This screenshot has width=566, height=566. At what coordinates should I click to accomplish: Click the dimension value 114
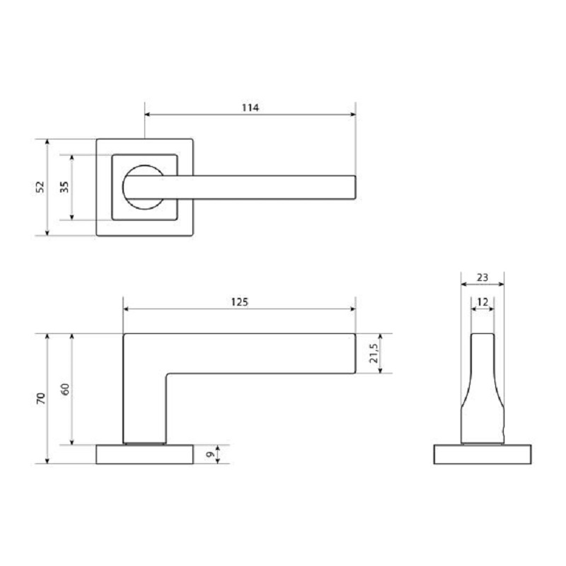250,108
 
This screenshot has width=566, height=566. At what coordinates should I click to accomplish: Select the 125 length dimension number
240,302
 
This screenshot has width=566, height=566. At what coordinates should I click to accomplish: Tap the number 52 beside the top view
40,187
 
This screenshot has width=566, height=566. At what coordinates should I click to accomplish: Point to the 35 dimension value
64,187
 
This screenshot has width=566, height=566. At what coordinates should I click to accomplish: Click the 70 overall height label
41,398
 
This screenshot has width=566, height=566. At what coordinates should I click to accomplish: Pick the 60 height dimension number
65,389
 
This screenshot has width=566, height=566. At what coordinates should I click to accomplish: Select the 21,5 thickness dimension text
374,353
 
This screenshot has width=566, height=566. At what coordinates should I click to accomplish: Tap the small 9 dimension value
210,454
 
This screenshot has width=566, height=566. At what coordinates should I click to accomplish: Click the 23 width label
483,277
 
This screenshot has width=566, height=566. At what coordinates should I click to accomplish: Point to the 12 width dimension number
483,302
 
